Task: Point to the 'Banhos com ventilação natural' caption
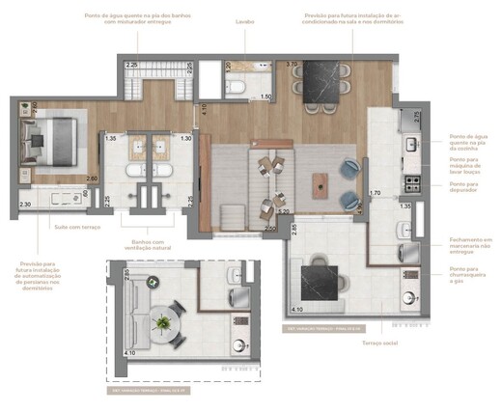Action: (x=145, y=246)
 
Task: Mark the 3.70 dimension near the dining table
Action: (x=293, y=65)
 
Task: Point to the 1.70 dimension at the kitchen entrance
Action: (x=376, y=193)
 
